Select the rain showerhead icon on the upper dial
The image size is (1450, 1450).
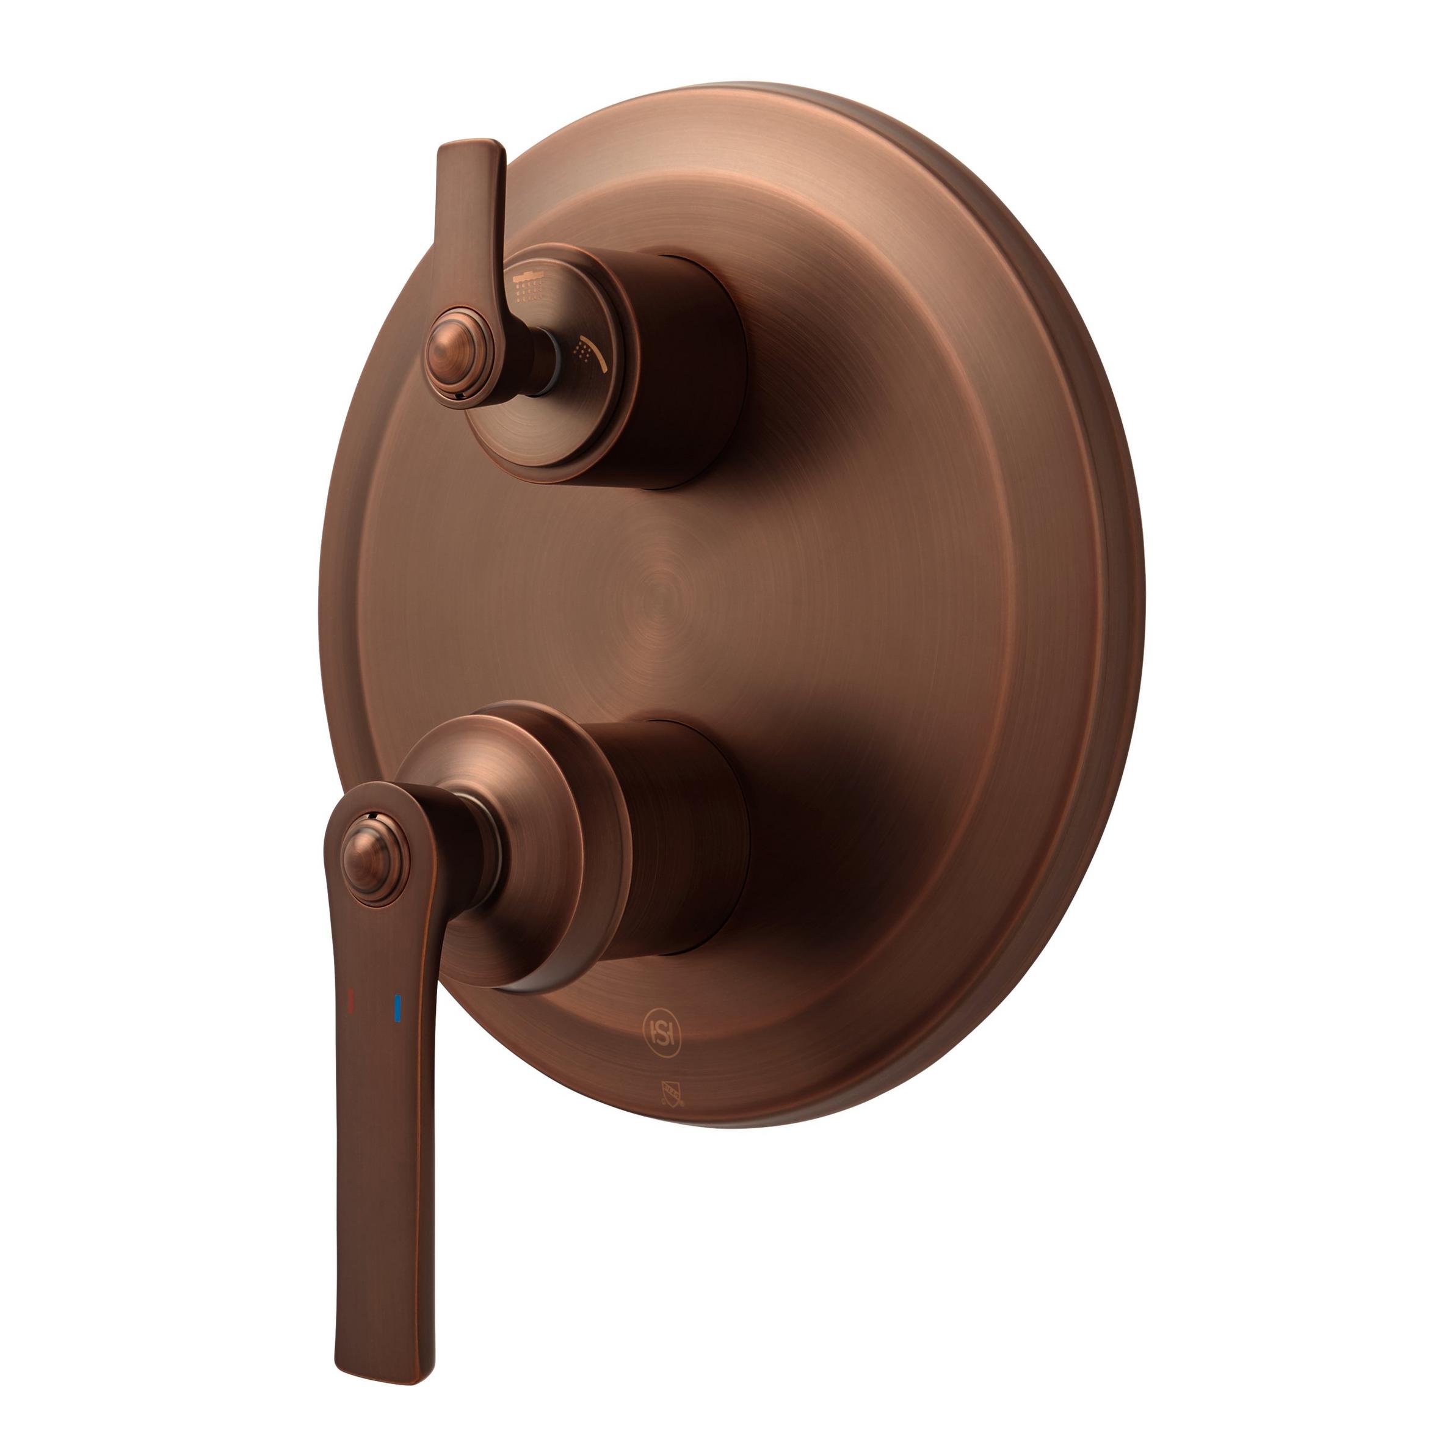(530, 286)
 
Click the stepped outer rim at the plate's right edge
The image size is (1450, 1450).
(1122, 600)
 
